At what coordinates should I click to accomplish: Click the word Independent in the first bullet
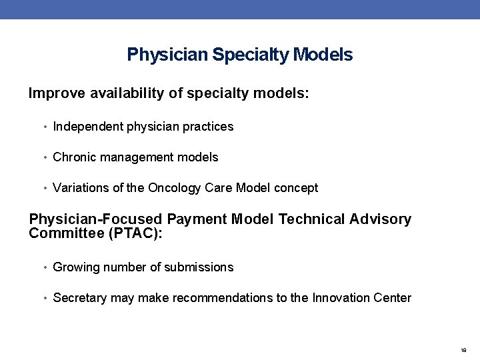pyautogui.click(x=85, y=127)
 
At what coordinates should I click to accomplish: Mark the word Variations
pyautogui.click(x=80, y=188)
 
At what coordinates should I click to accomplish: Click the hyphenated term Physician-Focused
pyautogui.click(x=95, y=219)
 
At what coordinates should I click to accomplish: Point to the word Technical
pyautogui.click(x=314, y=219)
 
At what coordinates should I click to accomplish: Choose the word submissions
pyautogui.click(x=201, y=267)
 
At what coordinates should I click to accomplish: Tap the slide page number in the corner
pyautogui.click(x=463, y=349)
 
